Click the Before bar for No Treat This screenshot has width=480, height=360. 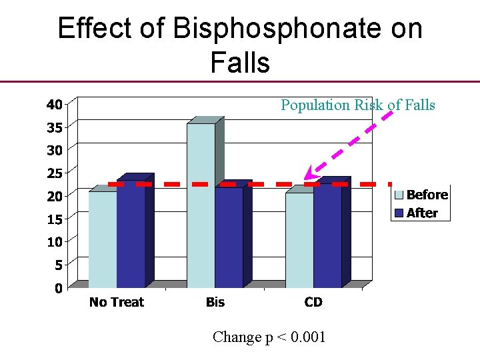click(103, 239)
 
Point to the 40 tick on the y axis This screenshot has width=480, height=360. click(55, 104)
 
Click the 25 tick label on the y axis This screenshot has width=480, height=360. click(55, 173)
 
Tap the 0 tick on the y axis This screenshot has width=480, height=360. click(59, 289)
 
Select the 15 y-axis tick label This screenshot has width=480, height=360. click(55, 219)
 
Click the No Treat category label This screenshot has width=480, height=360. click(117, 302)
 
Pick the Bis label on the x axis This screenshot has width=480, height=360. click(215, 302)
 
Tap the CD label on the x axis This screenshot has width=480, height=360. click(313, 302)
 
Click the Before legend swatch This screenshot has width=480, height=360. click(399, 195)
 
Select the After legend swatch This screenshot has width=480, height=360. click(399, 213)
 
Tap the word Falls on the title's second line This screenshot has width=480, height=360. click(240, 63)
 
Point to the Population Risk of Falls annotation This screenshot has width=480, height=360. click(358, 105)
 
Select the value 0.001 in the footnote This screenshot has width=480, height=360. click(305, 337)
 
